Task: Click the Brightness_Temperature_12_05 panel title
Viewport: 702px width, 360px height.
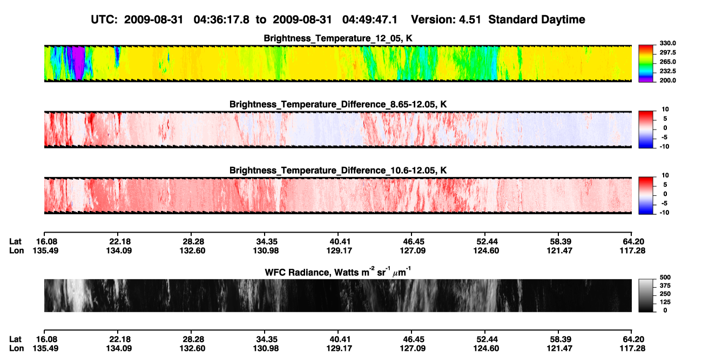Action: [338, 38]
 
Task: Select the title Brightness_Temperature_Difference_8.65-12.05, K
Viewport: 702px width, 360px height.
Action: [338, 104]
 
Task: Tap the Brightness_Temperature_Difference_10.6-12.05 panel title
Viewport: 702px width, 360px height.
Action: [338, 171]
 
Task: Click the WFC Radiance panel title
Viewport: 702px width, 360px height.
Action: [338, 272]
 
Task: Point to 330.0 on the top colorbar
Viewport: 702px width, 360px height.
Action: [667, 43]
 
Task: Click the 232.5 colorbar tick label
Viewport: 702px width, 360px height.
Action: [667, 71]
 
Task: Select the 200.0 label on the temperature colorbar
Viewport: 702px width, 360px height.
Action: [667, 80]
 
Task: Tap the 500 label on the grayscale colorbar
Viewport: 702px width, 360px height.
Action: [665, 277]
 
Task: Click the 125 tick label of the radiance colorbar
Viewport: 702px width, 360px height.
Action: [665, 302]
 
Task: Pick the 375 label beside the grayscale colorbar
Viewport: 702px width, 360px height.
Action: [665, 286]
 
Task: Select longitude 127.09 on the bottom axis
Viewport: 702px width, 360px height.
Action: [413, 349]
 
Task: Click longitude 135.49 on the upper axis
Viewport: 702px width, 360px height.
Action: [45, 250]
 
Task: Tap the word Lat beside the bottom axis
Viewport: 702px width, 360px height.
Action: [15, 339]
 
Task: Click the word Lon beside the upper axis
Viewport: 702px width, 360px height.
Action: [17, 250]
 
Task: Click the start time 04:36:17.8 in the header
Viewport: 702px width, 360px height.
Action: [221, 19]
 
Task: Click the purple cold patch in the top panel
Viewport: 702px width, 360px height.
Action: [79, 62]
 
